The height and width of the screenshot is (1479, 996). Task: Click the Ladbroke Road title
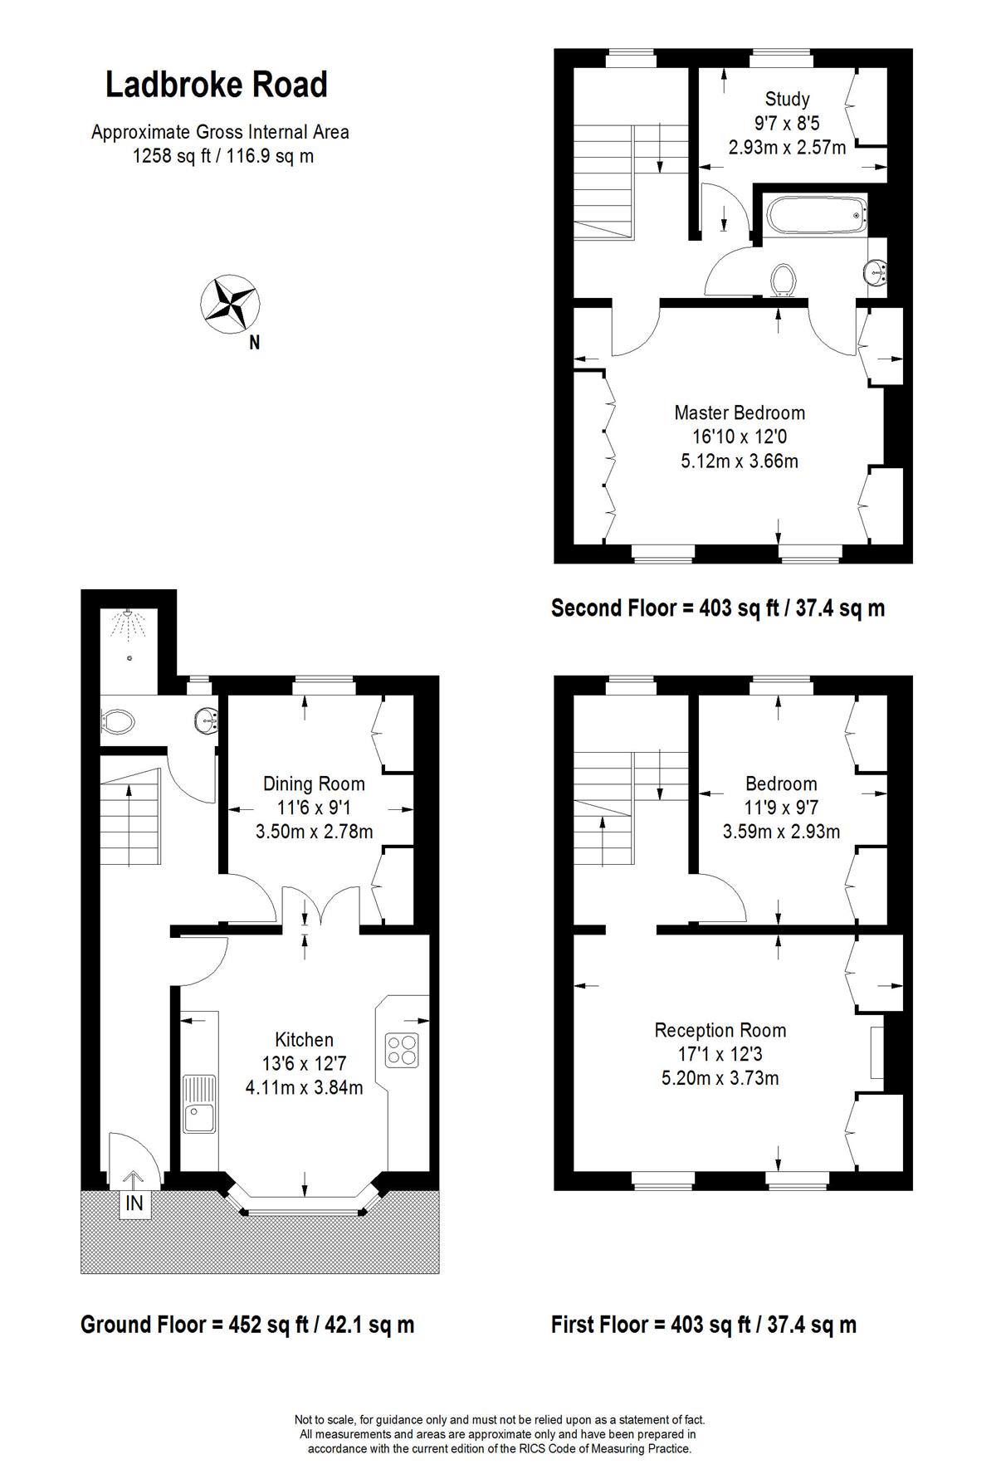217,85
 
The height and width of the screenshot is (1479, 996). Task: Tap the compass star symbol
228,303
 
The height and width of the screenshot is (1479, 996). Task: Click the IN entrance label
134,1203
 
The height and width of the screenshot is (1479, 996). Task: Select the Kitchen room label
304,1039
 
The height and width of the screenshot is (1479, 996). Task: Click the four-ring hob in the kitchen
403,1049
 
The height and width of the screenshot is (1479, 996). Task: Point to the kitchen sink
199,1104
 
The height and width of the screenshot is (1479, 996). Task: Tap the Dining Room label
314,783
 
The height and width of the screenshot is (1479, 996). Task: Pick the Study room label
787,100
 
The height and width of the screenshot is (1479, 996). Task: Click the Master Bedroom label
740,412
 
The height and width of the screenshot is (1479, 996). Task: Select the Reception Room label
720,1030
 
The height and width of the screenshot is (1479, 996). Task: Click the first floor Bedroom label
781,783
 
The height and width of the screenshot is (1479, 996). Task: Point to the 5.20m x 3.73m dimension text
720,1078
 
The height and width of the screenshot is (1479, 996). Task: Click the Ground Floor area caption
247,1324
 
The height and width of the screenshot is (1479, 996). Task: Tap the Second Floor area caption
718,608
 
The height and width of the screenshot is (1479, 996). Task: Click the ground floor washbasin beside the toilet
205,720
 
